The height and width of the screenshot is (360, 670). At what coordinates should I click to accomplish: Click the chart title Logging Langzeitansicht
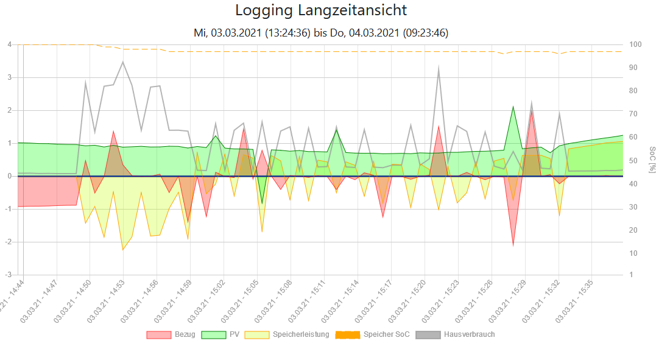pos(321,10)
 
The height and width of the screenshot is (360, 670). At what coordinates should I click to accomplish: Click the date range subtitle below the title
pos(321,33)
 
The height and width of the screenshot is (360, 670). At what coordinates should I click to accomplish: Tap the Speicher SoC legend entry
pos(373,334)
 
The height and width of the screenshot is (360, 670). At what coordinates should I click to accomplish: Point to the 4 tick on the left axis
pos(10,44)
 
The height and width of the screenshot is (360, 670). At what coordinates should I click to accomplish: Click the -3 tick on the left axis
pos(9,275)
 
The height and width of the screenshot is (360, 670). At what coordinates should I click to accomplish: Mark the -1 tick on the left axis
pos(9,209)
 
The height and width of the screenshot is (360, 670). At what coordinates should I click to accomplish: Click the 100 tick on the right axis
pos(635,44)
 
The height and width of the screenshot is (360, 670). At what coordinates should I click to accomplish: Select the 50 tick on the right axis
pos(633,160)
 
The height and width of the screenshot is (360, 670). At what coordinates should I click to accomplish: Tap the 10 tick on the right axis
pos(633,253)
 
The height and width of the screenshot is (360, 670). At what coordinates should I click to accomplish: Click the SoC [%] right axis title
pos(652,160)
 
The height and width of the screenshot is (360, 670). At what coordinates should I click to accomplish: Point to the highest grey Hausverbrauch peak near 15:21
pos(439,68)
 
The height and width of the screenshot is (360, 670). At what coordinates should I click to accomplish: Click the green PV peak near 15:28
pos(513,107)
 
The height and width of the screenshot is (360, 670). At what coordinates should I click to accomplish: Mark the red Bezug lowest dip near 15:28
pos(513,246)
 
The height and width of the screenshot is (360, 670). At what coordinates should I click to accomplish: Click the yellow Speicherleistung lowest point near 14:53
pos(123,250)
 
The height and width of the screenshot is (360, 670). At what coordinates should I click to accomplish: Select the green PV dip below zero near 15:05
pos(262,203)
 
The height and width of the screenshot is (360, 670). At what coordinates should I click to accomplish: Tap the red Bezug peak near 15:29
pos(531,110)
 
